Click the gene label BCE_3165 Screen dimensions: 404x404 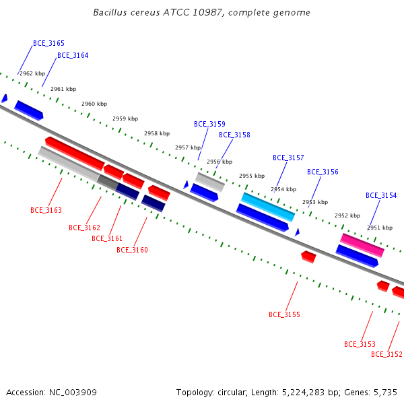(48, 43)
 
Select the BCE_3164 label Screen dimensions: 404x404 (73, 55)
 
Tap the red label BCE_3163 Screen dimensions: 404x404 (46, 210)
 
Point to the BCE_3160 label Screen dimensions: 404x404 (132, 250)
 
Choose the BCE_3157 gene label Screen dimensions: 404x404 (288, 158)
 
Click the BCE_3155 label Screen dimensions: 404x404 (284, 314)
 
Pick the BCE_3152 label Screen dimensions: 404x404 (386, 355)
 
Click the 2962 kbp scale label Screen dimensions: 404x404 (32, 73)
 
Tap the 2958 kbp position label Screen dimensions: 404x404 (157, 133)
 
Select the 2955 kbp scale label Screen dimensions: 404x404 (252, 176)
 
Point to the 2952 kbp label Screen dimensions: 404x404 (347, 215)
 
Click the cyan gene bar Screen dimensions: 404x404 (268, 207)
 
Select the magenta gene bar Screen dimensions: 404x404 (362, 245)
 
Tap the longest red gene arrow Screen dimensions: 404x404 (75, 154)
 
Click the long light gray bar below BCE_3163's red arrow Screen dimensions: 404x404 (69, 164)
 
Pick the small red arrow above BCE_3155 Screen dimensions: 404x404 (308, 257)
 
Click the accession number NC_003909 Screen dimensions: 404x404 (73, 393)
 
